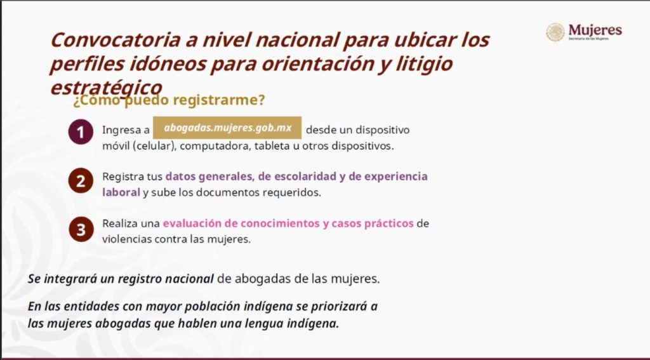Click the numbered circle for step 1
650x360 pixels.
pyautogui.click(x=81, y=132)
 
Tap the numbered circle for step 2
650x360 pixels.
pyautogui.click(x=81, y=181)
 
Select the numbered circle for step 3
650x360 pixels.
pyautogui.click(x=81, y=229)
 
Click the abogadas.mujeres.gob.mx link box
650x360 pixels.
pyautogui.click(x=227, y=128)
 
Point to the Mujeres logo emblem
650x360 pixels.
pyautogui.click(x=555, y=32)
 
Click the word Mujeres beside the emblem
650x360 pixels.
pyautogui.click(x=595, y=30)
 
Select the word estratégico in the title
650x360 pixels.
pyautogui.click(x=106, y=88)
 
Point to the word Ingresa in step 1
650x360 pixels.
pyautogui.click(x=121, y=130)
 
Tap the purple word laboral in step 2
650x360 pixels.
pyautogui.click(x=121, y=192)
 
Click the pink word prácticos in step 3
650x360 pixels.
pyautogui.click(x=389, y=223)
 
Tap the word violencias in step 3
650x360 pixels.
pyautogui.click(x=127, y=240)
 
